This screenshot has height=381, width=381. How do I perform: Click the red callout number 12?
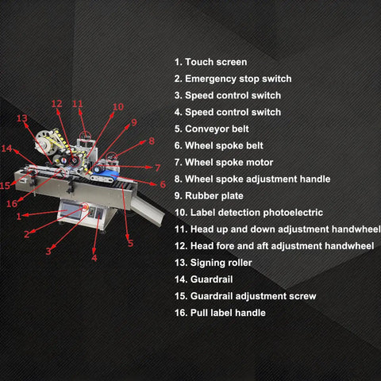[57, 104]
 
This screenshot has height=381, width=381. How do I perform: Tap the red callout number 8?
[152, 140]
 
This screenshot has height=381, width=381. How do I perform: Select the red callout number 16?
[12, 203]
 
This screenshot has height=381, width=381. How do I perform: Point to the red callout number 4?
[94, 258]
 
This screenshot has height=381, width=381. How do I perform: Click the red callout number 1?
[18, 217]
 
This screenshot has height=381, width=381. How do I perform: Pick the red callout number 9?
[134, 122]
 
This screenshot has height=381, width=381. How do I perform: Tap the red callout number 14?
[6, 148]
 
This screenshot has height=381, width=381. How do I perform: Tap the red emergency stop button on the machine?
[85, 206]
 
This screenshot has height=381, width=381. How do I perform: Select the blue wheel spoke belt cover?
[106, 173]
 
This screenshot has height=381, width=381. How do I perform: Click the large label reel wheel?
[47, 143]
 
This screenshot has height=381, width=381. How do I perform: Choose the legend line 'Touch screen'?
[210, 62]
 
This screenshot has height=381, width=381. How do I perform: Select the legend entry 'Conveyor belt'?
[212, 129]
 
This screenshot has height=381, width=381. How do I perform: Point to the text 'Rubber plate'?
[209, 196]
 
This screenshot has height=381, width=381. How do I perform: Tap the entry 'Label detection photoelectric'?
[248, 213]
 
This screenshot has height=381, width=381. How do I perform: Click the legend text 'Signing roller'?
[214, 263]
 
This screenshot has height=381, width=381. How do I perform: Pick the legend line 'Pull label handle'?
[220, 313]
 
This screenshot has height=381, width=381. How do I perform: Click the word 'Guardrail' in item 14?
[211, 279]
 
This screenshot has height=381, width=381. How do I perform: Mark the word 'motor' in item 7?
[260, 163]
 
